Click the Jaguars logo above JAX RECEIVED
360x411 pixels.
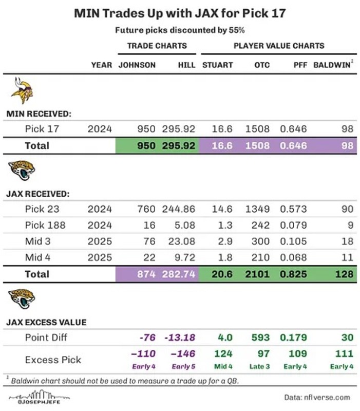tap(22, 171)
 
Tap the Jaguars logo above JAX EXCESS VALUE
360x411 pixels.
tap(22, 298)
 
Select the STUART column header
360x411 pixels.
tap(218, 65)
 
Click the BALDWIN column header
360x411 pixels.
tap(332, 65)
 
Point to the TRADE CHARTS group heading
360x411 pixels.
tap(157, 46)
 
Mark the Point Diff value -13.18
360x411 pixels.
tap(180, 338)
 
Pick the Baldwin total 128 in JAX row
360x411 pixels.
tap(345, 274)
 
